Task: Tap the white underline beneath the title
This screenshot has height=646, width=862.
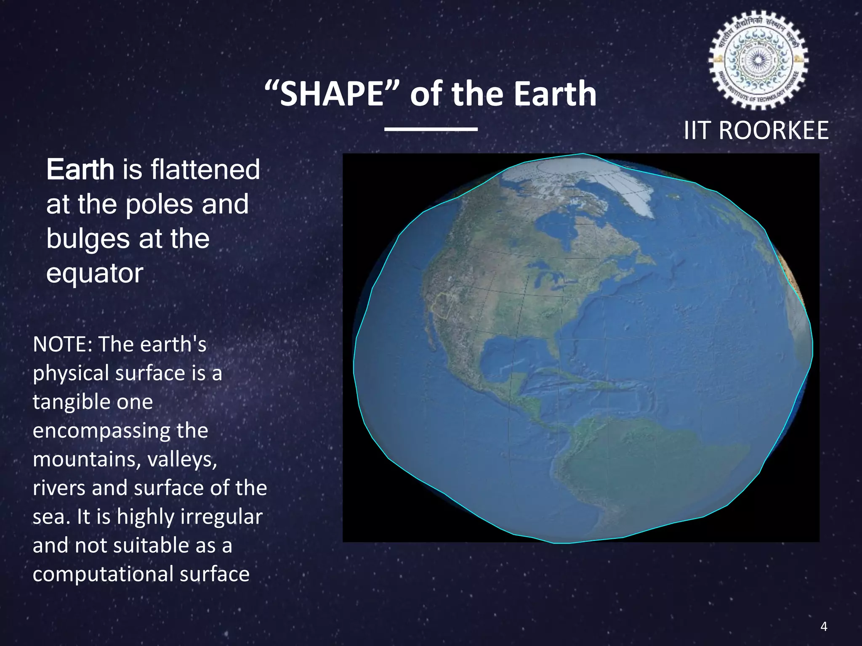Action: [431, 129]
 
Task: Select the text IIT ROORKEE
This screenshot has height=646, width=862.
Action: [756, 130]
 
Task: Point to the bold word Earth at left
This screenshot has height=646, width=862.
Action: [80, 169]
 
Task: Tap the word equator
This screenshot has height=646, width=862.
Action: [95, 273]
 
